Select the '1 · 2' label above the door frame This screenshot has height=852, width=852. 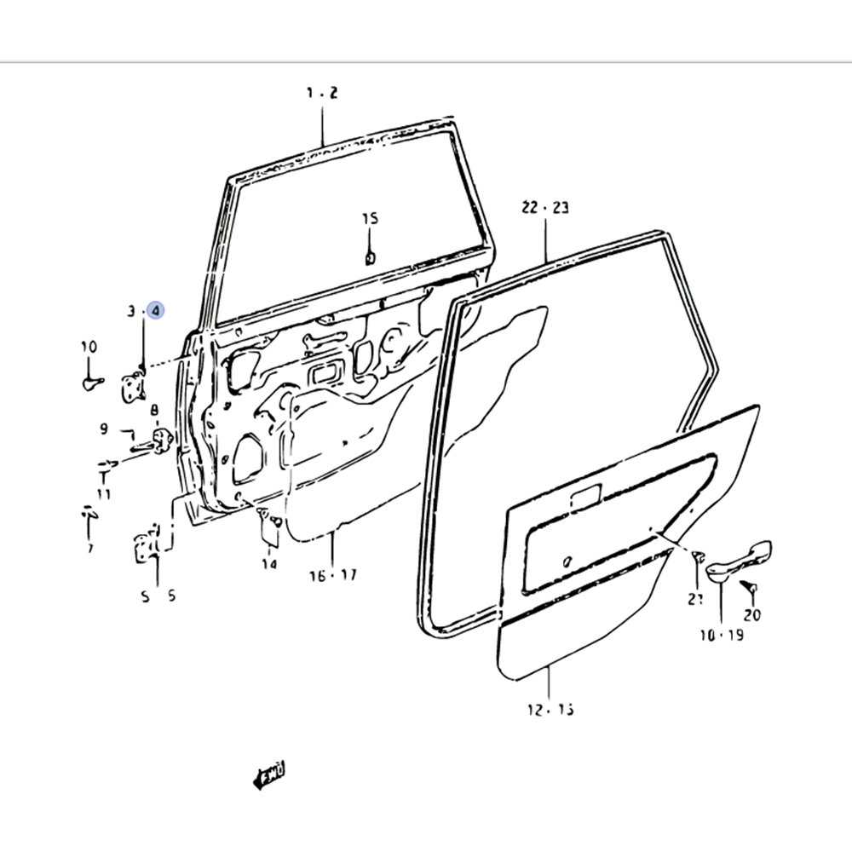322,93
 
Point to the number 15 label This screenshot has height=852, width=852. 369,219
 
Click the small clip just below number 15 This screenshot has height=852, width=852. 370,257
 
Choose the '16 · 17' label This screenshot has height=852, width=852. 332,575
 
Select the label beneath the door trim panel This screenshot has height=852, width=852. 550,709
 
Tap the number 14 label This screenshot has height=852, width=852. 269,563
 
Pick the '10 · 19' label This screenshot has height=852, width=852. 720,635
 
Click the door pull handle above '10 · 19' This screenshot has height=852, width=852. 737,561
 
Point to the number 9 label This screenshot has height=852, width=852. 104,429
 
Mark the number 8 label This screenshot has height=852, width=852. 155,411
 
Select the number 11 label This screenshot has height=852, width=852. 104,493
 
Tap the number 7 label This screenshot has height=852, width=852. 89,548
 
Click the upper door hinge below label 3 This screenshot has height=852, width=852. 133,385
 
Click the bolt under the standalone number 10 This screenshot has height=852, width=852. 91,383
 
